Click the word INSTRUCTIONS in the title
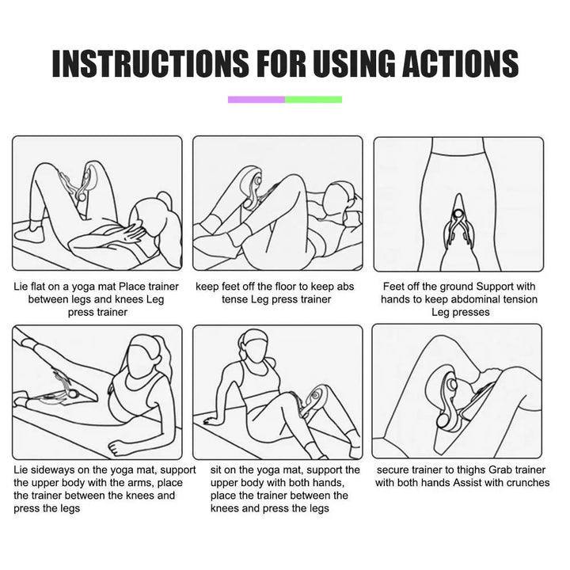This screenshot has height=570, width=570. coord(150,63)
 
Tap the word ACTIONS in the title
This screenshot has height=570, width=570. coord(460,63)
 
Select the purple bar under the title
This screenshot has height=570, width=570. coord(256,100)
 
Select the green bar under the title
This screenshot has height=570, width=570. coord(313,100)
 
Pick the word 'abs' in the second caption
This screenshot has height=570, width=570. coord(345,287)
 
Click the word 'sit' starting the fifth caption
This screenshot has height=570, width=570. coord(215,470)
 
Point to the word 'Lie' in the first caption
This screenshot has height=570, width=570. coord(21,287)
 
